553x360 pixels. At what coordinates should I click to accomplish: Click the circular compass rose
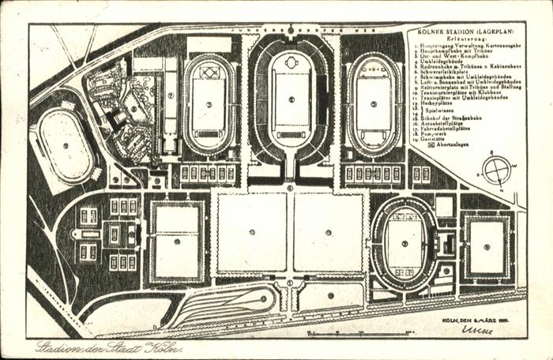(496, 170)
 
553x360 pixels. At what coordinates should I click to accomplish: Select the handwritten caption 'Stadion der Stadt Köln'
(108, 348)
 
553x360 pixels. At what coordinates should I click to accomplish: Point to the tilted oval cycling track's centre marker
(66, 145)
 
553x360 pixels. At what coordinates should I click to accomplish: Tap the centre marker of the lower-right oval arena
(404, 243)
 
